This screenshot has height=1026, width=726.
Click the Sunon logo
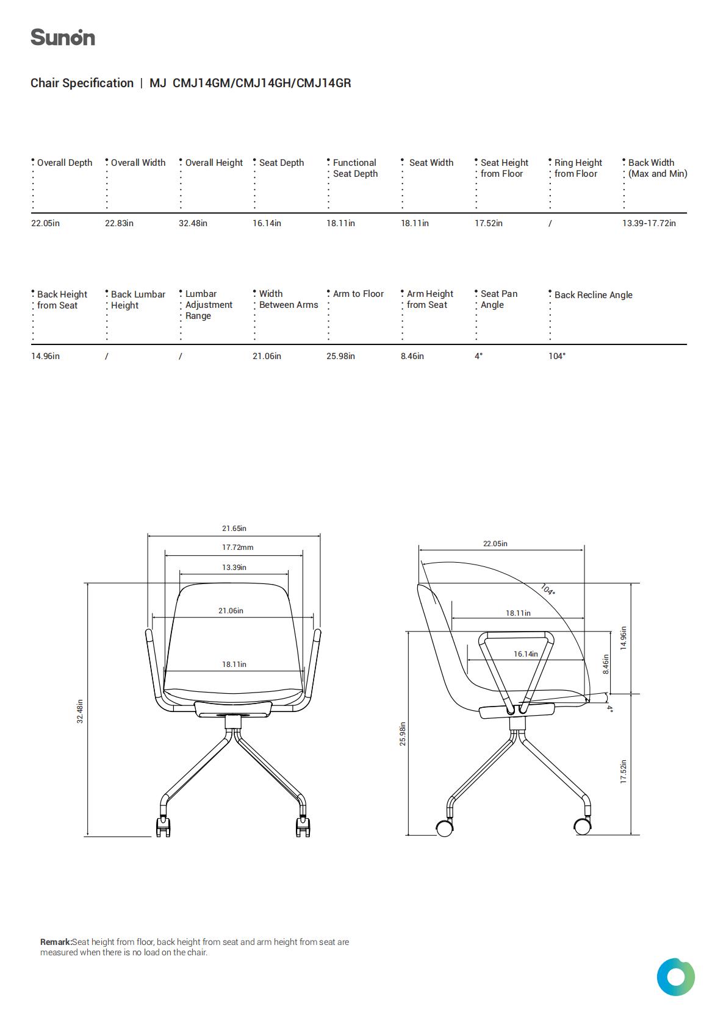point(63,38)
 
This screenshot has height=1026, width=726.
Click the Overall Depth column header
point(65,163)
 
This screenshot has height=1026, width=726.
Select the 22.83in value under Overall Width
point(119,223)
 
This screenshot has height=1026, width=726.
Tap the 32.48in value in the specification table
point(193,223)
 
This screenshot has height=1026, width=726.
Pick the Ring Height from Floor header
point(578,168)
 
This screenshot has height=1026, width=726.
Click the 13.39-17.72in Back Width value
point(649,223)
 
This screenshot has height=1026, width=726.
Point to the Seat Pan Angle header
point(498,299)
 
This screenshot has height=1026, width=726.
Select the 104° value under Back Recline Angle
point(557,356)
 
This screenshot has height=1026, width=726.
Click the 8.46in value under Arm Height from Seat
point(412,356)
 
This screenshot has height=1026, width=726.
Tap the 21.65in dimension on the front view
point(234,528)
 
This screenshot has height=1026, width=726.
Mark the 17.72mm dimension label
point(237,547)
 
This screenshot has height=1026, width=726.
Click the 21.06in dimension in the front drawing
point(231,611)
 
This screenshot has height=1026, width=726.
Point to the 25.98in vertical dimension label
point(403,734)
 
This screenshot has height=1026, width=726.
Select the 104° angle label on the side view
point(548,589)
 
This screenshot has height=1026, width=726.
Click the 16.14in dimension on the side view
point(526,654)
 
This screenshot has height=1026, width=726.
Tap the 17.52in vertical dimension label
point(623,772)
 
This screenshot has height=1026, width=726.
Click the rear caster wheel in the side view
point(444,828)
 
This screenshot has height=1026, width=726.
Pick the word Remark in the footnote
point(56,942)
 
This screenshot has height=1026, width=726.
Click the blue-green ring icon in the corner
point(675,977)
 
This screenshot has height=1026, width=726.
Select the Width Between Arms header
point(289,299)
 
